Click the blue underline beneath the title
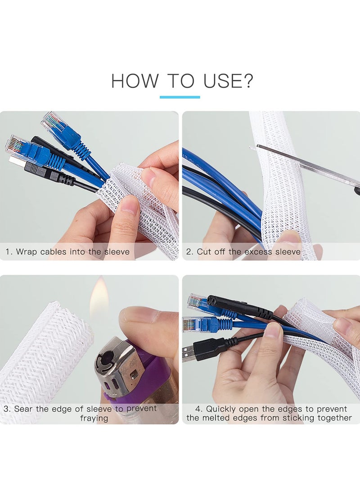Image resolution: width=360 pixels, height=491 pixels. [x=180, y=97]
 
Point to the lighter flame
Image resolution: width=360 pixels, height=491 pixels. [x=99, y=299]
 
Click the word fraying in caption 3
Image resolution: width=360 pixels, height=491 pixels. [x=94, y=418]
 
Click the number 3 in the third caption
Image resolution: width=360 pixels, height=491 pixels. [x=7, y=409]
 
